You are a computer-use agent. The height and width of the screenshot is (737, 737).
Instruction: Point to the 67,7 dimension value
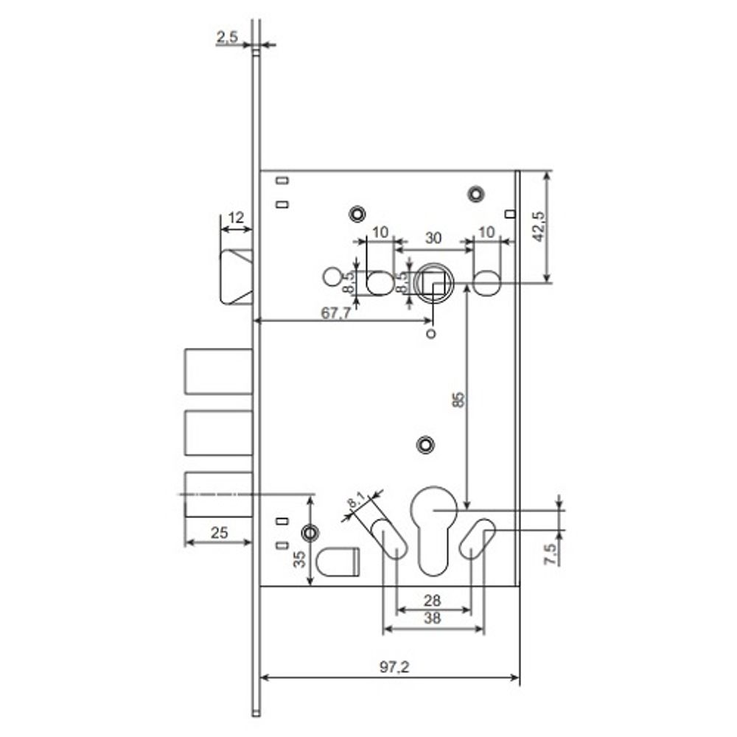coord(335,312)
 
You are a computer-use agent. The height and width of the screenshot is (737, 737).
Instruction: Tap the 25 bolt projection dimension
coord(219,532)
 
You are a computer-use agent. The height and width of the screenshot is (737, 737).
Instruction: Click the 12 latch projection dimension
coord(236,217)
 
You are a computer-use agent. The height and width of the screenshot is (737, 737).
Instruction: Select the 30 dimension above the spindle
coord(433,238)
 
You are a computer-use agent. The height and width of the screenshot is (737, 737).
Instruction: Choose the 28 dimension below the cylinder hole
coord(433,601)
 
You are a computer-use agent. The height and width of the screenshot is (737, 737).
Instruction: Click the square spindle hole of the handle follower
coord(433,282)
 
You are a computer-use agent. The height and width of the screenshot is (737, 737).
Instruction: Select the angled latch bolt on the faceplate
coord(237,277)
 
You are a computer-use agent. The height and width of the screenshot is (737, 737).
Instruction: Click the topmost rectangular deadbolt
coord(218,372)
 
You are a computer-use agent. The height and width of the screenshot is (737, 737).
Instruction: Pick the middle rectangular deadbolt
coord(218,433)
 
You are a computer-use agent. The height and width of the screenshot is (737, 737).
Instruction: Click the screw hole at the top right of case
coord(475,193)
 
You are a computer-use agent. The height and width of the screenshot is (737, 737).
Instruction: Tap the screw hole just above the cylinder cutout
coord(424,444)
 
